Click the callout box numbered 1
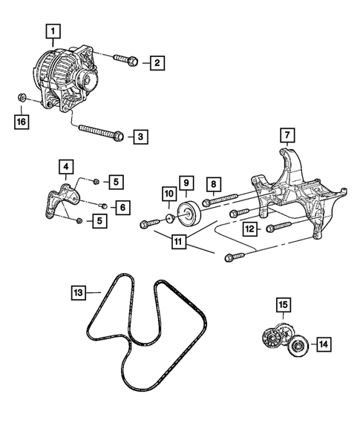53,31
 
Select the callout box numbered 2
157,63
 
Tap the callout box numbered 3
140,137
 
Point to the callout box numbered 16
22,122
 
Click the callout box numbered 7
287,135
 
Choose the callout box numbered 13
79,292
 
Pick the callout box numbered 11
179,241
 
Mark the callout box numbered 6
122,207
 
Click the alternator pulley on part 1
87,79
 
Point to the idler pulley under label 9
189,214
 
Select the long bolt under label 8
220,199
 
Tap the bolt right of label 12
279,226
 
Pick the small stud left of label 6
103,206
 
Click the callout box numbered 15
284,305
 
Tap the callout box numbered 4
66,167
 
